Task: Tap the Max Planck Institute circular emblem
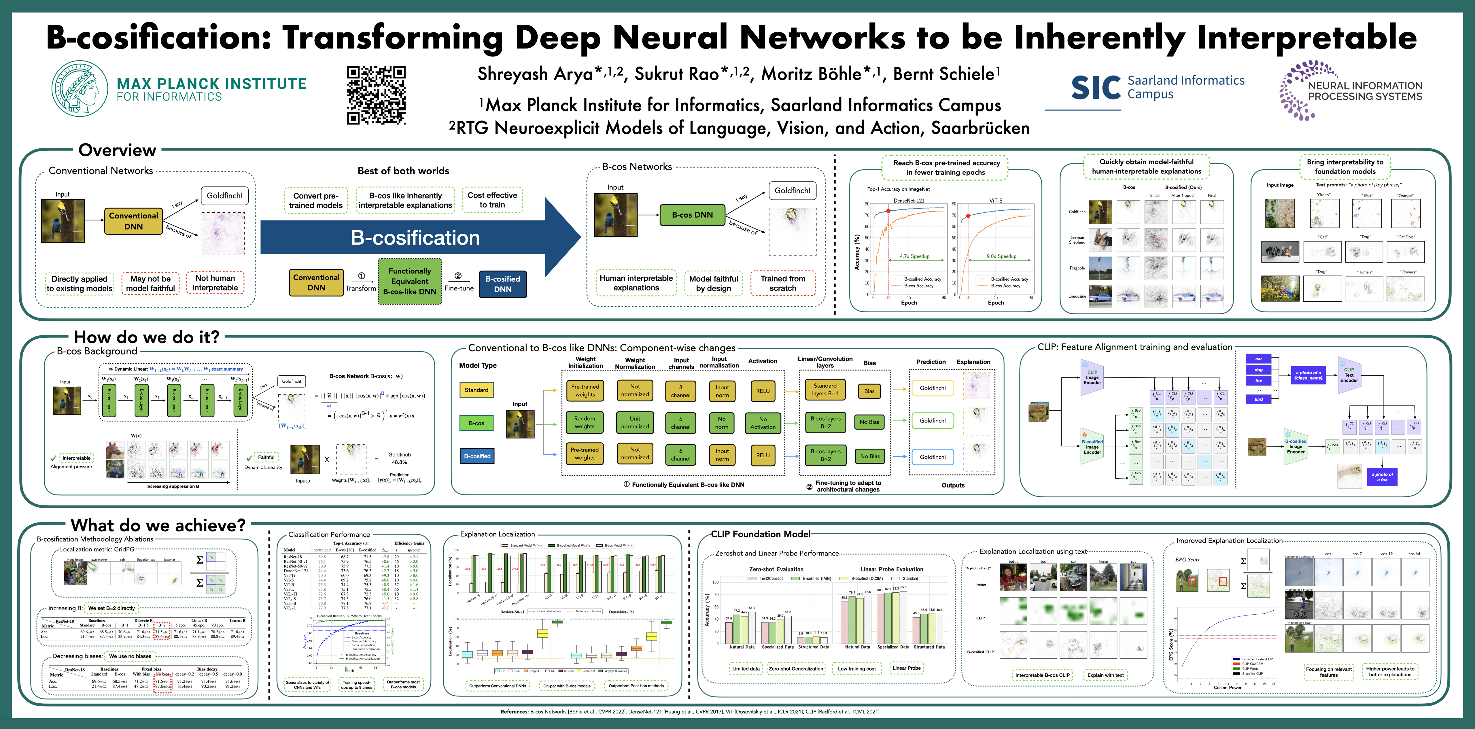pyautogui.click(x=80, y=89)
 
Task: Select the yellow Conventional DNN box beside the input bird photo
pyautogui.click(x=133, y=221)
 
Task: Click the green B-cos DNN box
pyautogui.click(x=692, y=215)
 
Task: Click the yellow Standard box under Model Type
pyautogui.click(x=476, y=390)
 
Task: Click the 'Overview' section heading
pyautogui.click(x=117, y=150)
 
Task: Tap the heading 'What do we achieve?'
pyautogui.click(x=158, y=525)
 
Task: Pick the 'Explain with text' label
pyautogui.click(x=1105, y=675)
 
